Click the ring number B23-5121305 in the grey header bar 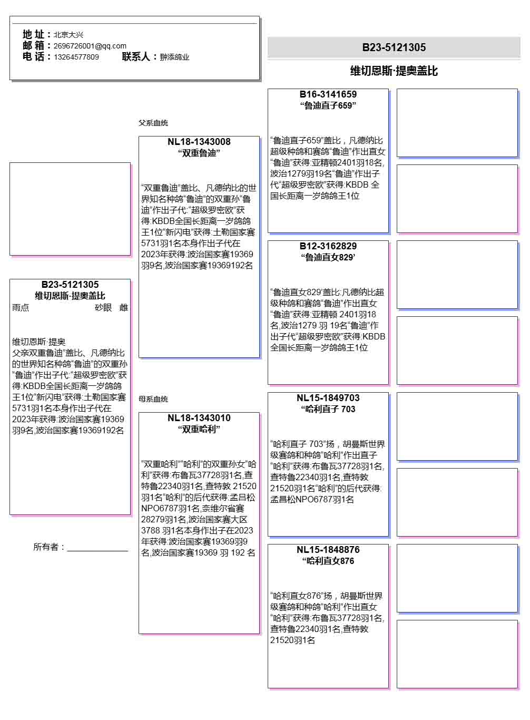pyautogui.click(x=394, y=47)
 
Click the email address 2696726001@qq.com pyautogui.click(x=90, y=46)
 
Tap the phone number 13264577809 pyautogui.click(x=76, y=57)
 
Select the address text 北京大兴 pyautogui.click(x=68, y=35)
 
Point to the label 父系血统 pyautogui.click(x=153, y=123)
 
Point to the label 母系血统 pyautogui.click(x=153, y=399)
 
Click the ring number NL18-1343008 pyautogui.click(x=199, y=142)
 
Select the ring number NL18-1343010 pyautogui.click(x=199, y=418)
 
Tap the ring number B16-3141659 pyautogui.click(x=328, y=94)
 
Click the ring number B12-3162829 pyautogui.click(x=328, y=246)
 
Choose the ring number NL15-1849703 pyautogui.click(x=328, y=398)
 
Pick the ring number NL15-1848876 pyautogui.click(x=328, y=550)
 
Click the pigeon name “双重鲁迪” pyautogui.click(x=199, y=153)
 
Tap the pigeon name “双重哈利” pyautogui.click(x=199, y=430)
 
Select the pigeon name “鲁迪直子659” pyautogui.click(x=328, y=106)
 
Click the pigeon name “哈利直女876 pyautogui.click(x=328, y=561)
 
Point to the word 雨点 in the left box pyautogui.click(x=21, y=308)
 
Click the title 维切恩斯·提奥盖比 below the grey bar pyautogui.click(x=394, y=71)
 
